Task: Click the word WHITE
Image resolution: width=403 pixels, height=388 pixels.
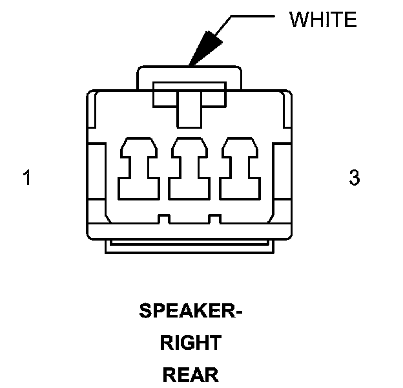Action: tap(322, 21)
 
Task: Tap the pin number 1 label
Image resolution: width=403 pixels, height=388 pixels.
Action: tap(26, 177)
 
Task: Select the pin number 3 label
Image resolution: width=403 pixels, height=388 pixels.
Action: tap(354, 177)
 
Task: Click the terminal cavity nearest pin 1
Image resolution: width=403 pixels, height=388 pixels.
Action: tap(139, 167)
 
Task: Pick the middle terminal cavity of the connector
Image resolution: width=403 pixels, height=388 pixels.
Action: tap(190, 167)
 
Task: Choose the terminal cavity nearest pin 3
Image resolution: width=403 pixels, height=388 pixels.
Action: tap(240, 167)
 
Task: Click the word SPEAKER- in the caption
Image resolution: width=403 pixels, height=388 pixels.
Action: tap(191, 311)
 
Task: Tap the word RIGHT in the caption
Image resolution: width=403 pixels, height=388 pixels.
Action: tap(191, 343)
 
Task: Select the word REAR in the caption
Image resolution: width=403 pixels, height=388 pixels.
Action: tap(191, 374)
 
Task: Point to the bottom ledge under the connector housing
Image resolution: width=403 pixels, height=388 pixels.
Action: tap(190, 245)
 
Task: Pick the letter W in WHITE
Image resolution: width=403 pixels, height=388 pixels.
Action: tap(297, 21)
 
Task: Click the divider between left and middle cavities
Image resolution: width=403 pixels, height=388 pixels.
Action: tap(165, 171)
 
